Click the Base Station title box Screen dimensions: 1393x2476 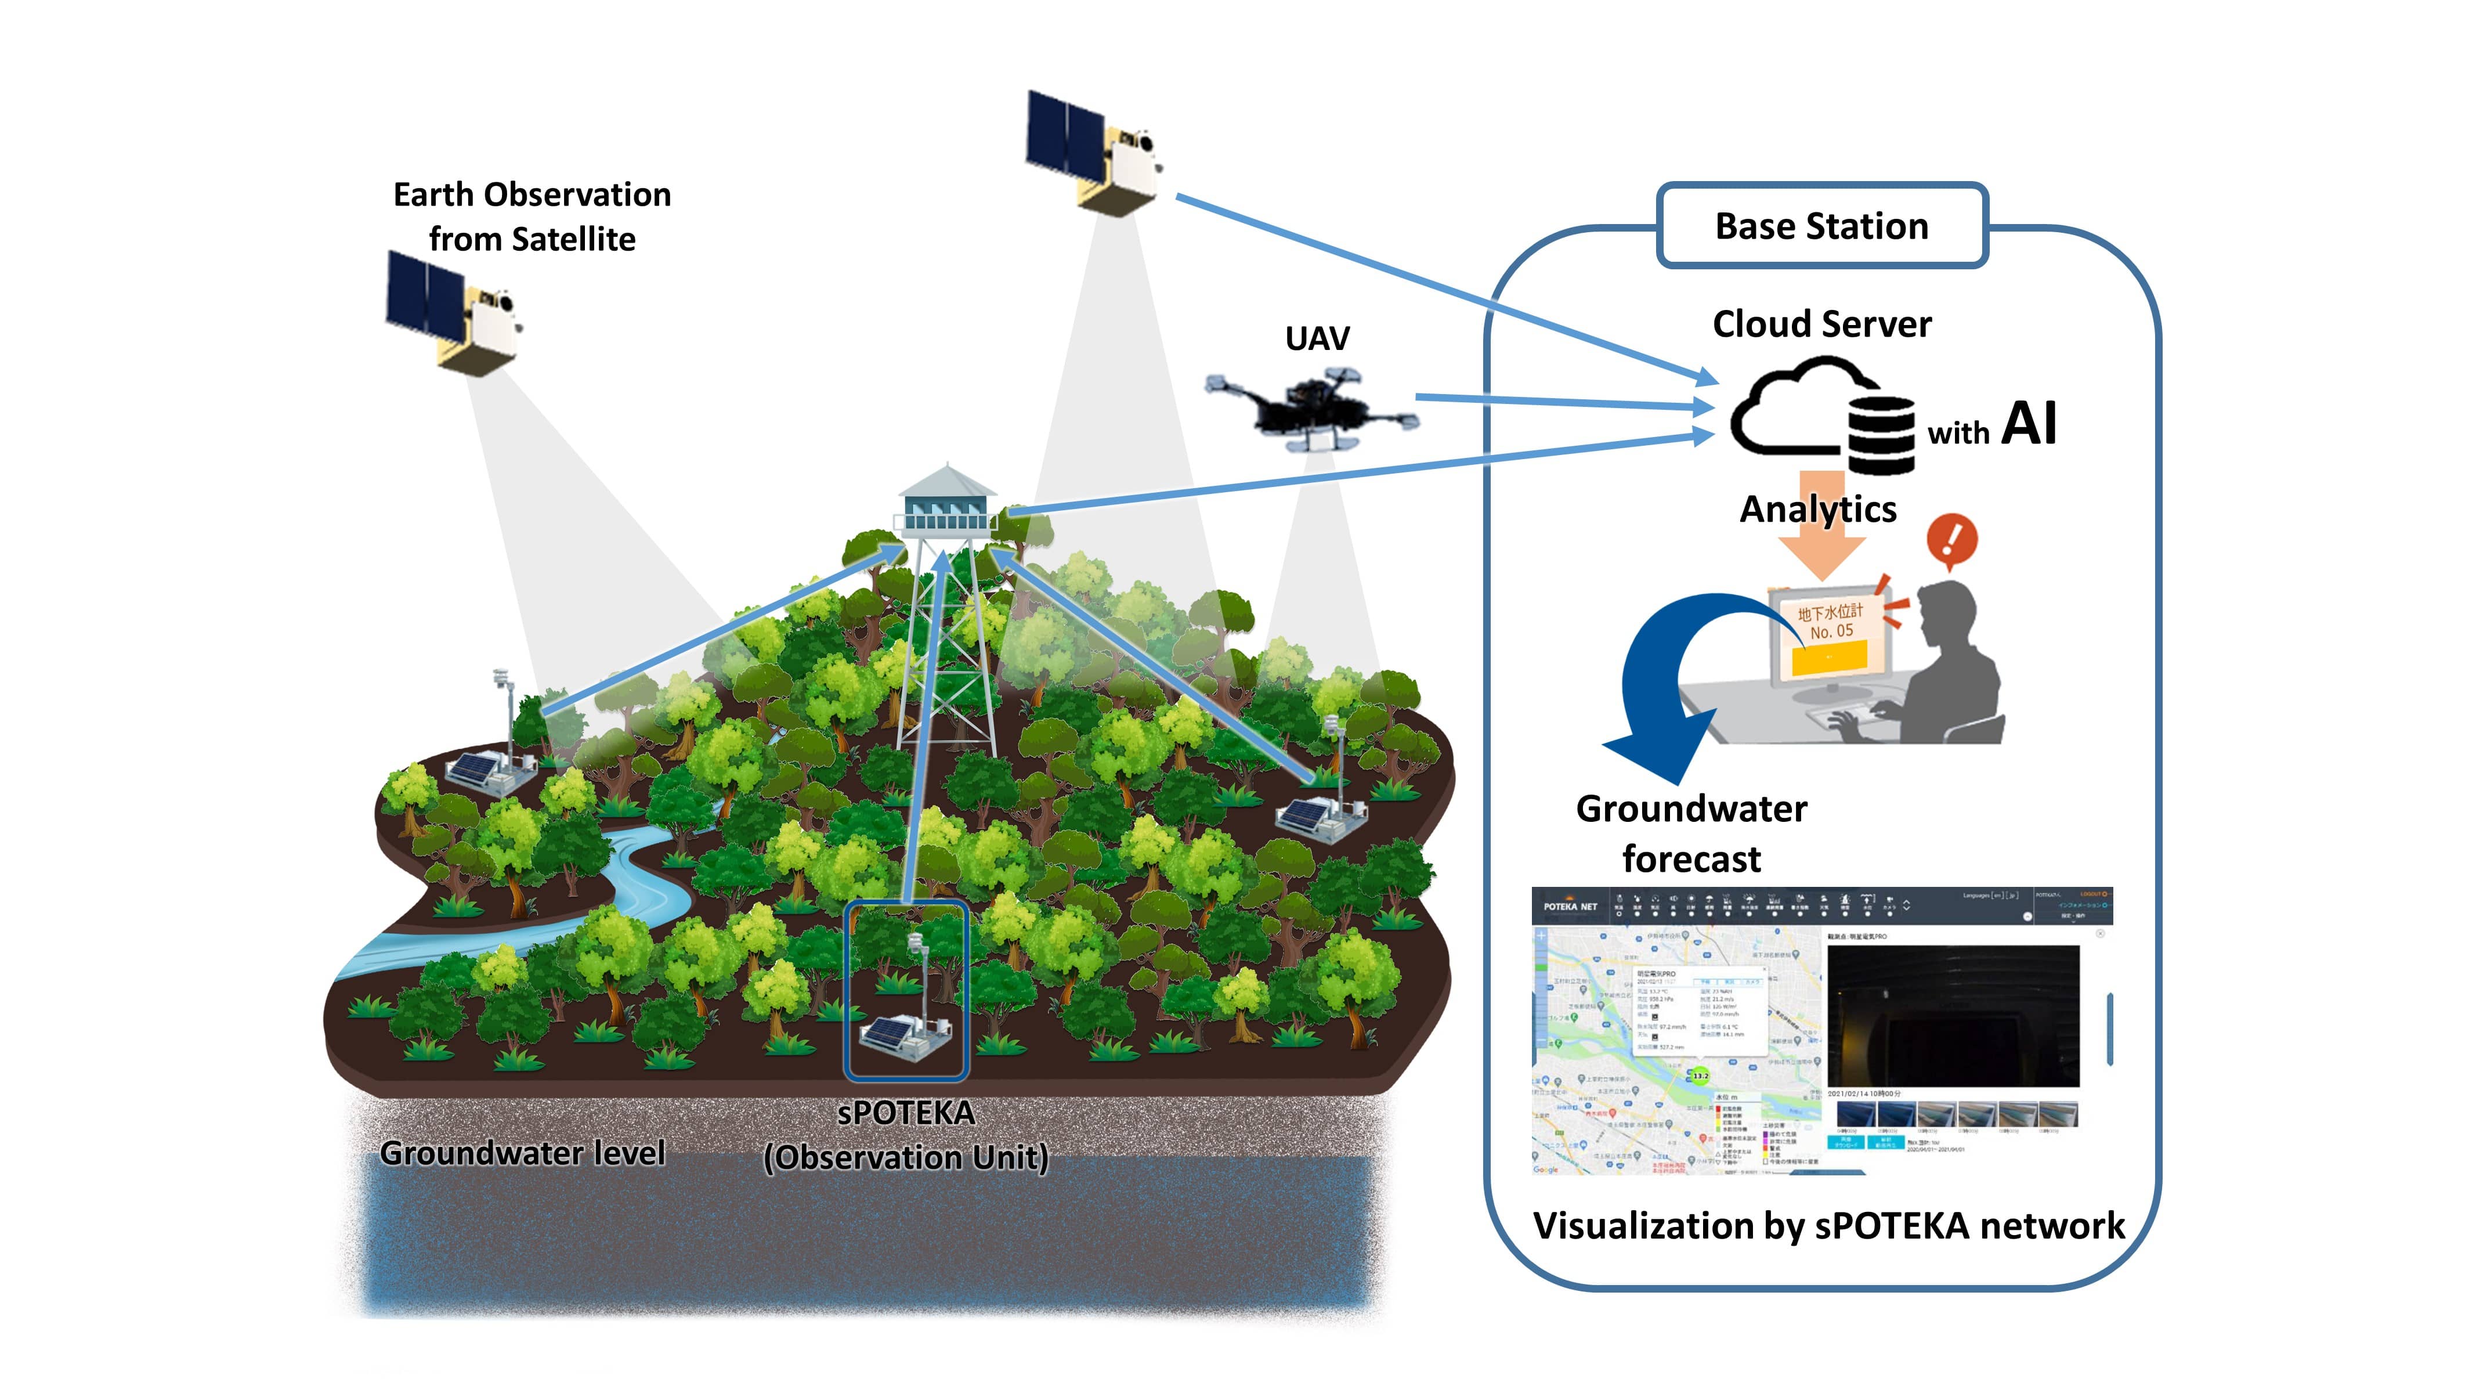(1821, 226)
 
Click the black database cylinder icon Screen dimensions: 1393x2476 (1881, 435)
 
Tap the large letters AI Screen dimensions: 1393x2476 (2029, 423)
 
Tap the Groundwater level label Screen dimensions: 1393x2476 (522, 1153)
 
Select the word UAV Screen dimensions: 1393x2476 (1317, 338)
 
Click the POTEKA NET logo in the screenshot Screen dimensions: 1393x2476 (1570, 907)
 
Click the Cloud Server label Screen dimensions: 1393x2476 (1821, 324)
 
